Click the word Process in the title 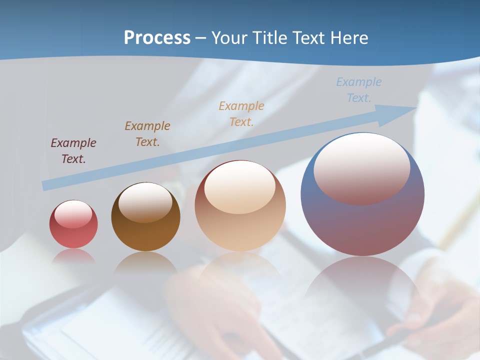(x=157, y=37)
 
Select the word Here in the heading (x=348, y=37)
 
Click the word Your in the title (x=229, y=37)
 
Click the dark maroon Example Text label (x=73, y=151)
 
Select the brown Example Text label (x=147, y=134)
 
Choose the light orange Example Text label (x=241, y=113)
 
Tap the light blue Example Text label (x=359, y=90)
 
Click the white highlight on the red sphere (x=73, y=214)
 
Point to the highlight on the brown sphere (x=145, y=201)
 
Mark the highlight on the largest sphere (x=361, y=167)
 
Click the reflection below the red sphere (x=73, y=256)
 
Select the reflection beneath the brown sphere (x=145, y=262)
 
